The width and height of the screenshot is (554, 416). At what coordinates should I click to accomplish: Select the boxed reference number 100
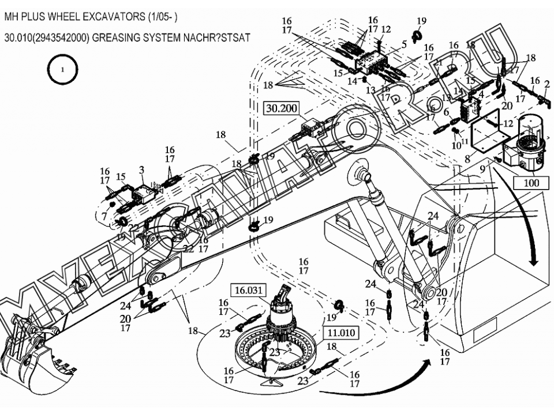tap(532, 183)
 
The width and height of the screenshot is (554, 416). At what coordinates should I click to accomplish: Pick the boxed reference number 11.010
tap(342, 333)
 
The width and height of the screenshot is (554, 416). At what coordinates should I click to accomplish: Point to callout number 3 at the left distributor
tap(141, 169)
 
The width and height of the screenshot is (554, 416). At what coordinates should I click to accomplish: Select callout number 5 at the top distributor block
tap(404, 43)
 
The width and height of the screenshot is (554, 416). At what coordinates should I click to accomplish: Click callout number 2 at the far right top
tap(546, 84)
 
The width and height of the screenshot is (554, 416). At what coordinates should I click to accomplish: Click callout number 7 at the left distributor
tap(104, 216)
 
